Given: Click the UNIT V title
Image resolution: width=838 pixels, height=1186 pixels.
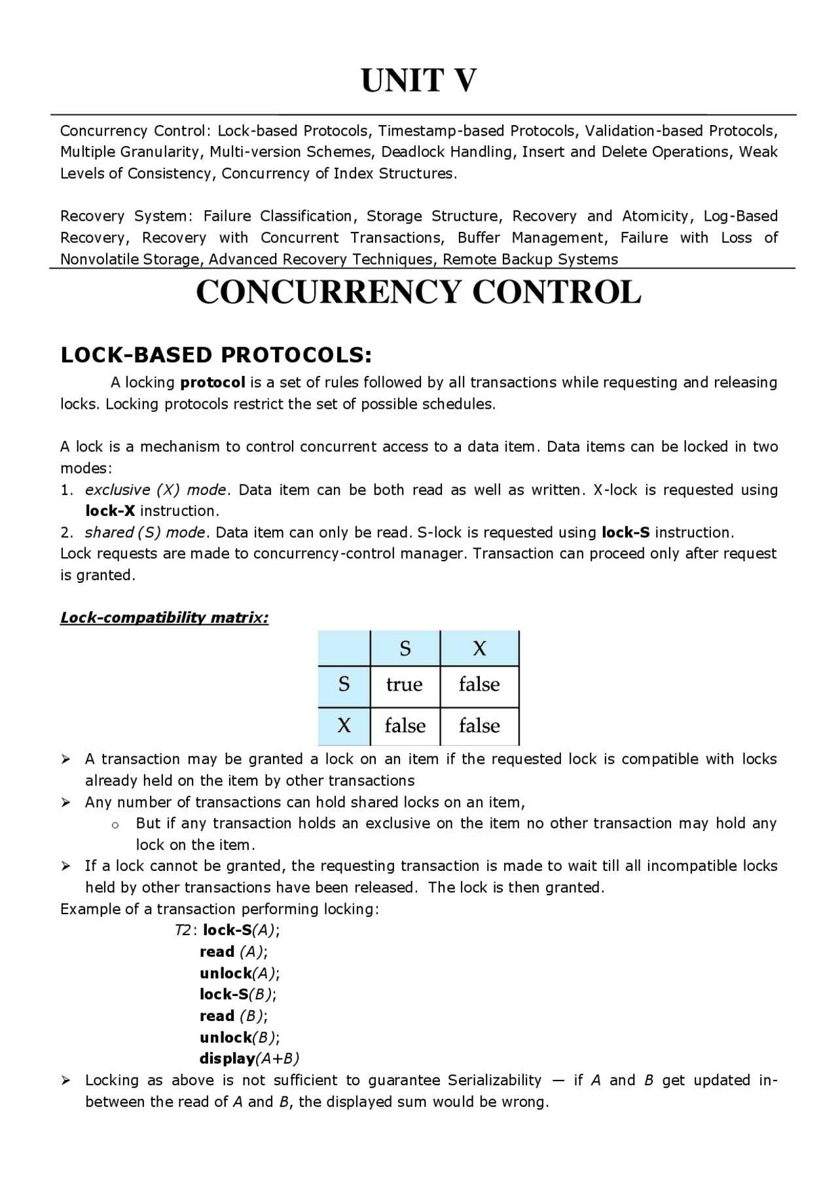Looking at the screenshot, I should click(419, 81).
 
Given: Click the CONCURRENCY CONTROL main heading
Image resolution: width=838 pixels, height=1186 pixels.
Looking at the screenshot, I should click(418, 292).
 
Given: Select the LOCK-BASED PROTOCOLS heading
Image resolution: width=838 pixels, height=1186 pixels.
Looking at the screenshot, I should click(216, 355).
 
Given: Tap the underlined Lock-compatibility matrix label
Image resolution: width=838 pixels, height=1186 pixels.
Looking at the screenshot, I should click(164, 618).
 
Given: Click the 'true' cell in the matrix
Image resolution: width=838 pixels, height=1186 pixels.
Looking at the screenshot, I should click(404, 685).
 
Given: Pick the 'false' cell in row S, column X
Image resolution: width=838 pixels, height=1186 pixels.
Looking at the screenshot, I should click(479, 685).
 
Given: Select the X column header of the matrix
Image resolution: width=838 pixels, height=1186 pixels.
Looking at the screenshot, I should click(479, 649).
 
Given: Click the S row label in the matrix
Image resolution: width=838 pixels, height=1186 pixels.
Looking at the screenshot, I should click(344, 685).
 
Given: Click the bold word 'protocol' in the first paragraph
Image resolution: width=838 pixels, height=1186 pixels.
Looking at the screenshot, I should click(212, 382).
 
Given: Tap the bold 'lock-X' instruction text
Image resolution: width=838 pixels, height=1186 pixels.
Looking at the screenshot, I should click(110, 511).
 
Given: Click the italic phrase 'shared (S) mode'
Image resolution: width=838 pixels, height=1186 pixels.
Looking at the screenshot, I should click(145, 532).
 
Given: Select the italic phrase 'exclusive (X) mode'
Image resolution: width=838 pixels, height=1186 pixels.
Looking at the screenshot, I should click(156, 490).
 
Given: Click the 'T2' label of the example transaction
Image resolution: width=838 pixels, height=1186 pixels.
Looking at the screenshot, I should click(183, 931).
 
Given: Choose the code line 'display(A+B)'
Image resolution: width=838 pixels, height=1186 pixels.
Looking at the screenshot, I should click(249, 1059).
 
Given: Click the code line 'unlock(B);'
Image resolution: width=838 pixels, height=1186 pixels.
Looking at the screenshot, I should click(240, 1037).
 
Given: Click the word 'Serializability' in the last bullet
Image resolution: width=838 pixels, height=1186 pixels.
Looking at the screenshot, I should click(494, 1081).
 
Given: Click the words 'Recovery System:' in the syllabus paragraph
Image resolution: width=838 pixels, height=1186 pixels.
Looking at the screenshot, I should click(124, 216).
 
